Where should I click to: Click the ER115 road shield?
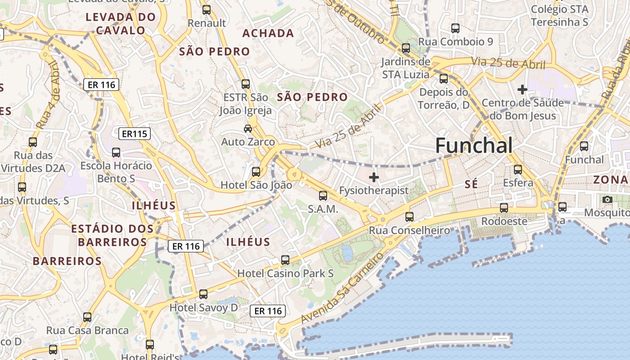[135, 134]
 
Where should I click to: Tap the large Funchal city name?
[474, 145]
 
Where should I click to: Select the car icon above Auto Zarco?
[247, 129]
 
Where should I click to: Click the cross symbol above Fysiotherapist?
[373, 177]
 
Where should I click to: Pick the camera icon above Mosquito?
[607, 199]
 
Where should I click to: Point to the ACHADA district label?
[268, 33]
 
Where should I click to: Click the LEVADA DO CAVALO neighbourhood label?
[121, 24]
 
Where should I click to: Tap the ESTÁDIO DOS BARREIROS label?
[112, 235]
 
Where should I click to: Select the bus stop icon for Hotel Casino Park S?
[285, 260]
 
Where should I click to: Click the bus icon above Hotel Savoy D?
[203, 294]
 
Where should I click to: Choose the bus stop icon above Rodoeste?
[504, 208]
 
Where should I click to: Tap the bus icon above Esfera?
[518, 170]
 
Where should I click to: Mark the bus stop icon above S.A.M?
[323, 196]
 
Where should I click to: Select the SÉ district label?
[471, 184]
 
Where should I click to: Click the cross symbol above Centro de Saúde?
[522, 90]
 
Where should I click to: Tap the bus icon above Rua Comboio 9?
[455, 28]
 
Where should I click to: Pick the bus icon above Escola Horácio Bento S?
[116, 153]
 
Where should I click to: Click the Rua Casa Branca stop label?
[87, 330]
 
